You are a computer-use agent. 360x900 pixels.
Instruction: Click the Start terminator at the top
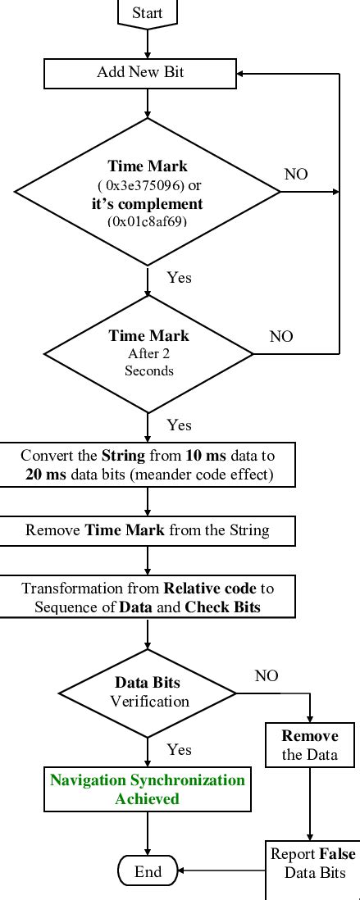(x=148, y=12)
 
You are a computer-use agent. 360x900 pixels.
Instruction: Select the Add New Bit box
(x=148, y=73)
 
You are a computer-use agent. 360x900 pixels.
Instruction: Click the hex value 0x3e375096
(x=148, y=184)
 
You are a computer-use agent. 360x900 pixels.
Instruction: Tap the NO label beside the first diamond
(x=296, y=174)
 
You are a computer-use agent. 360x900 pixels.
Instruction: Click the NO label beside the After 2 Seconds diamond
(x=281, y=336)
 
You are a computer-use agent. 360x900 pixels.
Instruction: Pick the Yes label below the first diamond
(x=179, y=277)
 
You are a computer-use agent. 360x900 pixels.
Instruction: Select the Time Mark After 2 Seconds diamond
(x=148, y=353)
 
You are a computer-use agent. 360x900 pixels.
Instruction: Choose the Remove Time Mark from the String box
(x=148, y=530)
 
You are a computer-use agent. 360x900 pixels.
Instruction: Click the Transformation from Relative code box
(x=148, y=598)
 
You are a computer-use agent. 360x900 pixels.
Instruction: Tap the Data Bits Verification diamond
(x=148, y=693)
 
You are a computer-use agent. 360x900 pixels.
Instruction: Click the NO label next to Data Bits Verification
(x=267, y=675)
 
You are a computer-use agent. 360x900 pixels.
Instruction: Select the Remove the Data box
(x=310, y=744)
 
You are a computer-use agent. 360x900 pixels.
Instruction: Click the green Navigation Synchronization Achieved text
(x=148, y=789)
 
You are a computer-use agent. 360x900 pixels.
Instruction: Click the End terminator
(x=148, y=871)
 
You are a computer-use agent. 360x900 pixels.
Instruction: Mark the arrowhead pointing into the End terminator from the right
(x=183, y=871)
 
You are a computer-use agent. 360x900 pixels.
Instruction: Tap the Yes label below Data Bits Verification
(x=179, y=749)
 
